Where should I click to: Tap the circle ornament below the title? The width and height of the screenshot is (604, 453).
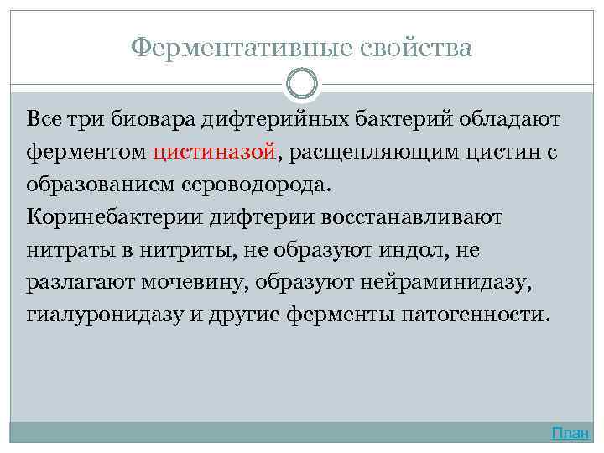[x=302, y=84]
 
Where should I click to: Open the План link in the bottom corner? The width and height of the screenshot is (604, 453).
[x=570, y=433]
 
